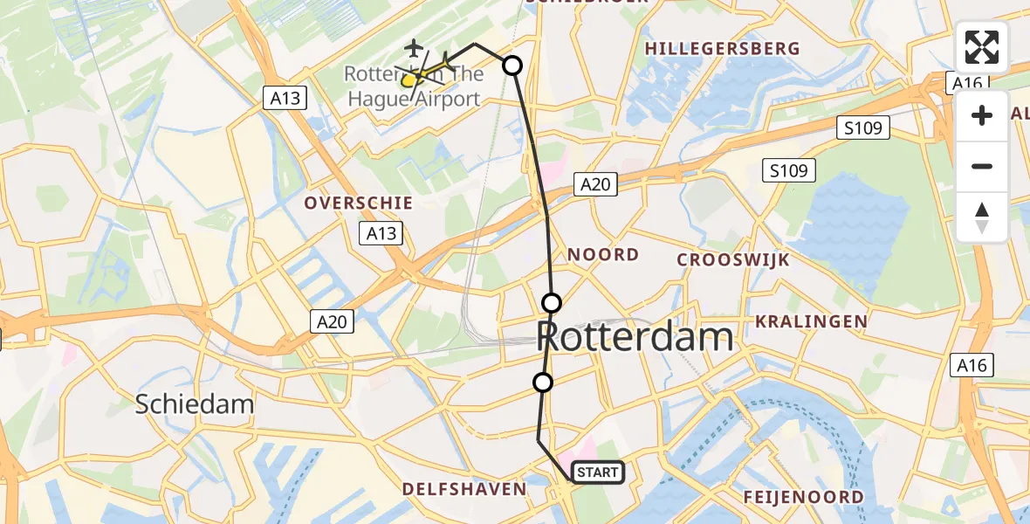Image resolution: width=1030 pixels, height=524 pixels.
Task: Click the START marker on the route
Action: [597, 472]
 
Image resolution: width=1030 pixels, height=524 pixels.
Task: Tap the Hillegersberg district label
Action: [722, 49]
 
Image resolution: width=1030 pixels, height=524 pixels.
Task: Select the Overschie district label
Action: [358, 203]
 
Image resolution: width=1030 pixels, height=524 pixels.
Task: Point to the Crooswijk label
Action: [733, 259]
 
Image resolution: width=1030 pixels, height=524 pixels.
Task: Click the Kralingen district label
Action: [811, 321]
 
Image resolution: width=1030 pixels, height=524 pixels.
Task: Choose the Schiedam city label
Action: [195, 403]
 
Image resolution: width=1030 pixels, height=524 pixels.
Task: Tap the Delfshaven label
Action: [464, 489]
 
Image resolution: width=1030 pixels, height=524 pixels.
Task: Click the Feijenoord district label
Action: [803, 497]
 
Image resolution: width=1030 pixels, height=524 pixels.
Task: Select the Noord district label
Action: [603, 254]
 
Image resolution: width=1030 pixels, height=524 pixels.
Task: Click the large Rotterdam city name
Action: [635, 336]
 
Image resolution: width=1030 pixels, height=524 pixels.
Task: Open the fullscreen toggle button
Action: [982, 47]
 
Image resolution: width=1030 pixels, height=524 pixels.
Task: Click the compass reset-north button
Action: [982, 217]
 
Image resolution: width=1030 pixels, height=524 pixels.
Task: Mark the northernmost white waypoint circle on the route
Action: [512, 65]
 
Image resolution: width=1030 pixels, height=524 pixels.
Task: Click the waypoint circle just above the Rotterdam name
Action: [552, 303]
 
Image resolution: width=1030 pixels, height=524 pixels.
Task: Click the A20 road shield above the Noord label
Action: [597, 183]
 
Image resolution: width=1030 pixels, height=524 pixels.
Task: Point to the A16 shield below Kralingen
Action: [972, 364]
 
